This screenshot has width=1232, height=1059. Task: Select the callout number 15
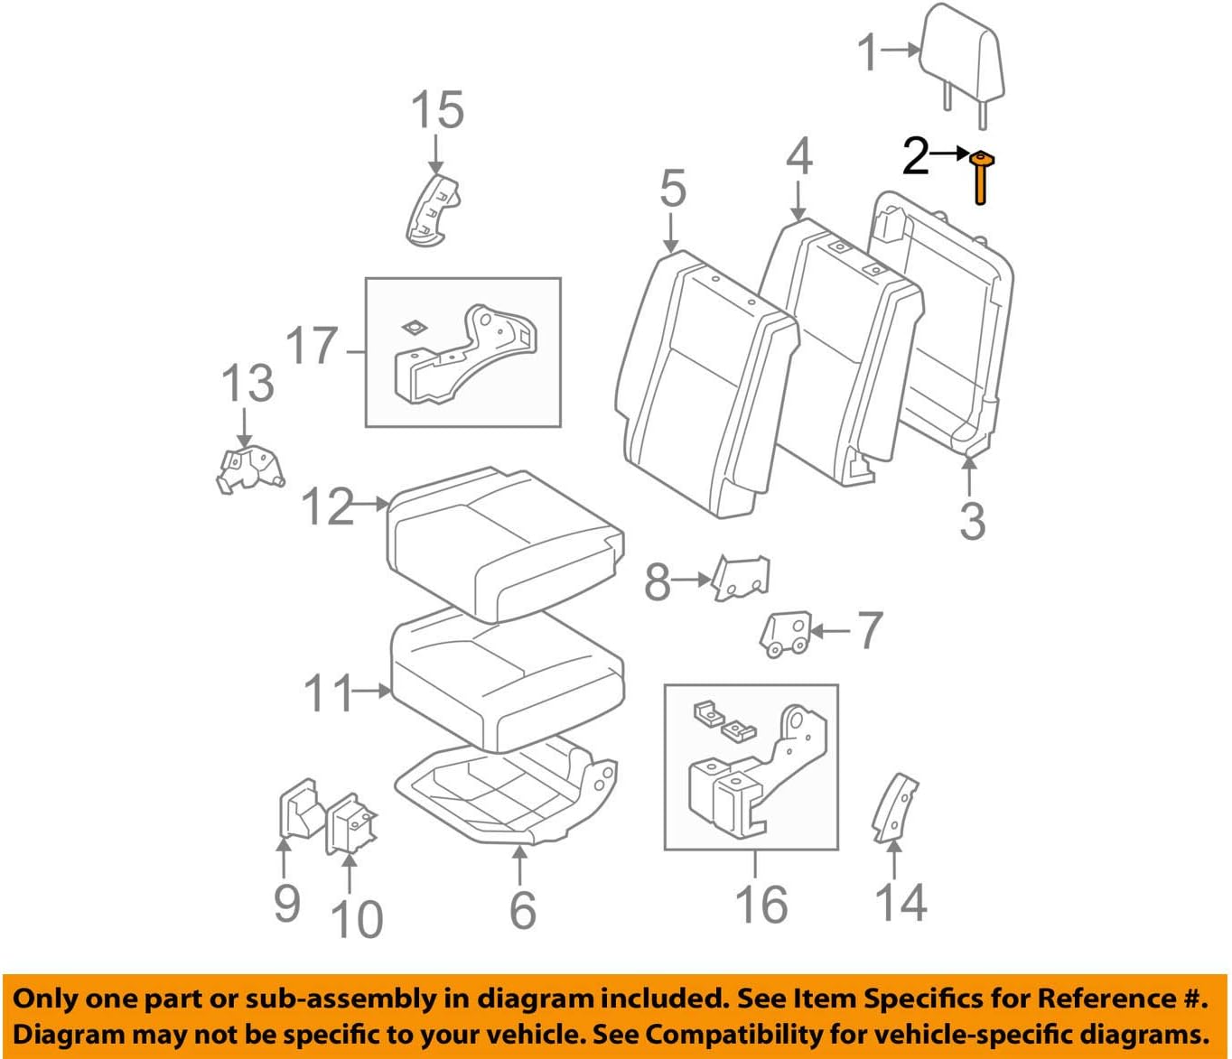coord(437,110)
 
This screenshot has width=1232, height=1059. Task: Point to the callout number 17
coord(312,346)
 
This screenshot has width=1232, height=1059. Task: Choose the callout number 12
coord(327,506)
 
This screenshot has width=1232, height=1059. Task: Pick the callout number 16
coord(761,904)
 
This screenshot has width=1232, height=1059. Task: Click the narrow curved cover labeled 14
coord(894,807)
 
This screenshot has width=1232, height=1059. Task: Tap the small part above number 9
coord(298,810)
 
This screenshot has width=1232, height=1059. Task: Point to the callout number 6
coord(523,909)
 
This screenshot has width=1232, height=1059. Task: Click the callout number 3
coord(972,521)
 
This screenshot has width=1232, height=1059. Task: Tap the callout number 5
coord(672,189)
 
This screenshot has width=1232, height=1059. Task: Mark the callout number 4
coord(798,156)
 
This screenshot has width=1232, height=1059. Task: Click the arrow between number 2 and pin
coord(949,154)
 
